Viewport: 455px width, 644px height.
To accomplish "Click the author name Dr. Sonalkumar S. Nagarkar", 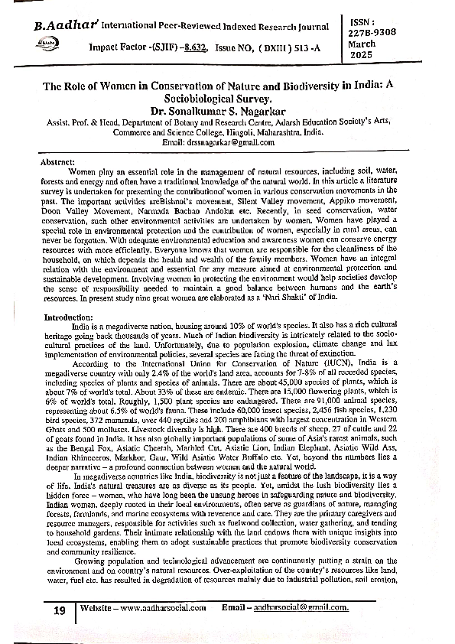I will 227,111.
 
